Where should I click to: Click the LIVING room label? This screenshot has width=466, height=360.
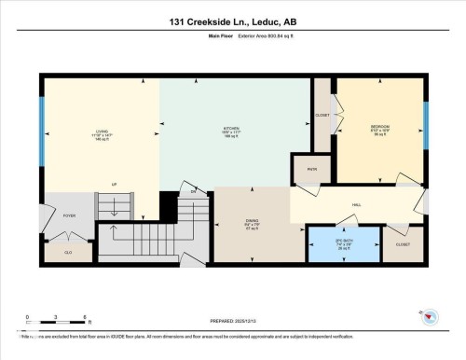[x=102, y=132]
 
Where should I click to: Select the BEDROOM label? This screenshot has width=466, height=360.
[x=379, y=127]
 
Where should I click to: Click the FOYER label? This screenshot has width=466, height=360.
[x=69, y=215]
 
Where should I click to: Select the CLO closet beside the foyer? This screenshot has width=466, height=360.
[x=68, y=251]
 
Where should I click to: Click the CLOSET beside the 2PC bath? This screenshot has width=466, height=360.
[x=403, y=244]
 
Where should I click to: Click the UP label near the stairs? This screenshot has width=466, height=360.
[x=114, y=184]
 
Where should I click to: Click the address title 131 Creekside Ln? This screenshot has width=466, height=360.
[x=233, y=21]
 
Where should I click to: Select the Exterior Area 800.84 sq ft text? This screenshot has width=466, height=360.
[x=259, y=38]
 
